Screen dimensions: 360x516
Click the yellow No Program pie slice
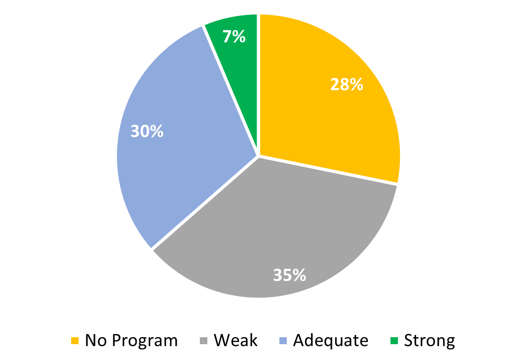coord(325,116)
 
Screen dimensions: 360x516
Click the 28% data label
coord(346,85)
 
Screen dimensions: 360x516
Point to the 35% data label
coord(289,275)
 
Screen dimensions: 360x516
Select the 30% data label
coord(147,131)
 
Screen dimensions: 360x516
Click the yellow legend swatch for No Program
coord(75,341)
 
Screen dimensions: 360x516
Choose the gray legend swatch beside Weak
coord(204,341)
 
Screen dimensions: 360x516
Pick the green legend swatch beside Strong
coord(394,341)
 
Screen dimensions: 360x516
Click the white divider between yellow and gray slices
coord(328,170)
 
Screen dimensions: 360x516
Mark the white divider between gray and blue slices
coord(205,203)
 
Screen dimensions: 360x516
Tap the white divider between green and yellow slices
coord(258,84)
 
